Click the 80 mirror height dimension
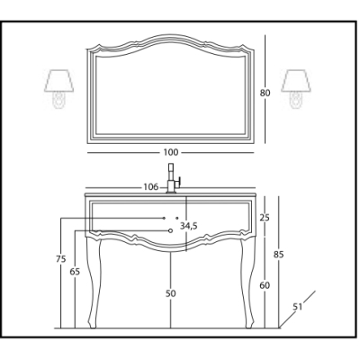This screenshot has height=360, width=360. pyautogui.click(x=265, y=93)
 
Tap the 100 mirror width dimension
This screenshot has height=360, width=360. pyautogui.click(x=171, y=152)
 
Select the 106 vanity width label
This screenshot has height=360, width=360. pyautogui.click(x=150, y=187)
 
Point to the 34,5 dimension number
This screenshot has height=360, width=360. pyautogui.click(x=189, y=226)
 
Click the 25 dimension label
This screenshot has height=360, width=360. pyautogui.click(x=265, y=218)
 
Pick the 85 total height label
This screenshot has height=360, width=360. pyautogui.click(x=279, y=255)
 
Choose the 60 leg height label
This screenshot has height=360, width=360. pyautogui.click(x=265, y=285)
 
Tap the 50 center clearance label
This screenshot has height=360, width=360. pyautogui.click(x=171, y=293)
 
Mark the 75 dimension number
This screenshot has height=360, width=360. pyautogui.click(x=61, y=258)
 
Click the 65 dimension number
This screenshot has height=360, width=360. pyautogui.click(x=75, y=272)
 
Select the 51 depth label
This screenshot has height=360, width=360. pyautogui.click(x=297, y=307)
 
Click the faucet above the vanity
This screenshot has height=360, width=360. pyautogui.click(x=172, y=178)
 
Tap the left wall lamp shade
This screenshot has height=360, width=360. pyautogui.click(x=59, y=81)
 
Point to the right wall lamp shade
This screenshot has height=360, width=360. pyautogui.click(x=296, y=81)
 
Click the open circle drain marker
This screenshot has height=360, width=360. pyautogui.click(x=170, y=230)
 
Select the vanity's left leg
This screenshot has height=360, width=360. pyautogui.click(x=94, y=282)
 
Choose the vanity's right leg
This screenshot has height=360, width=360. pyautogui.click(x=247, y=282)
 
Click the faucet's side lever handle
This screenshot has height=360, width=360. pyautogui.click(x=179, y=182)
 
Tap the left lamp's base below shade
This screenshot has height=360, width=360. pyautogui.click(x=58, y=100)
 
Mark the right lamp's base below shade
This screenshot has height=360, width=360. pyautogui.click(x=296, y=100)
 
